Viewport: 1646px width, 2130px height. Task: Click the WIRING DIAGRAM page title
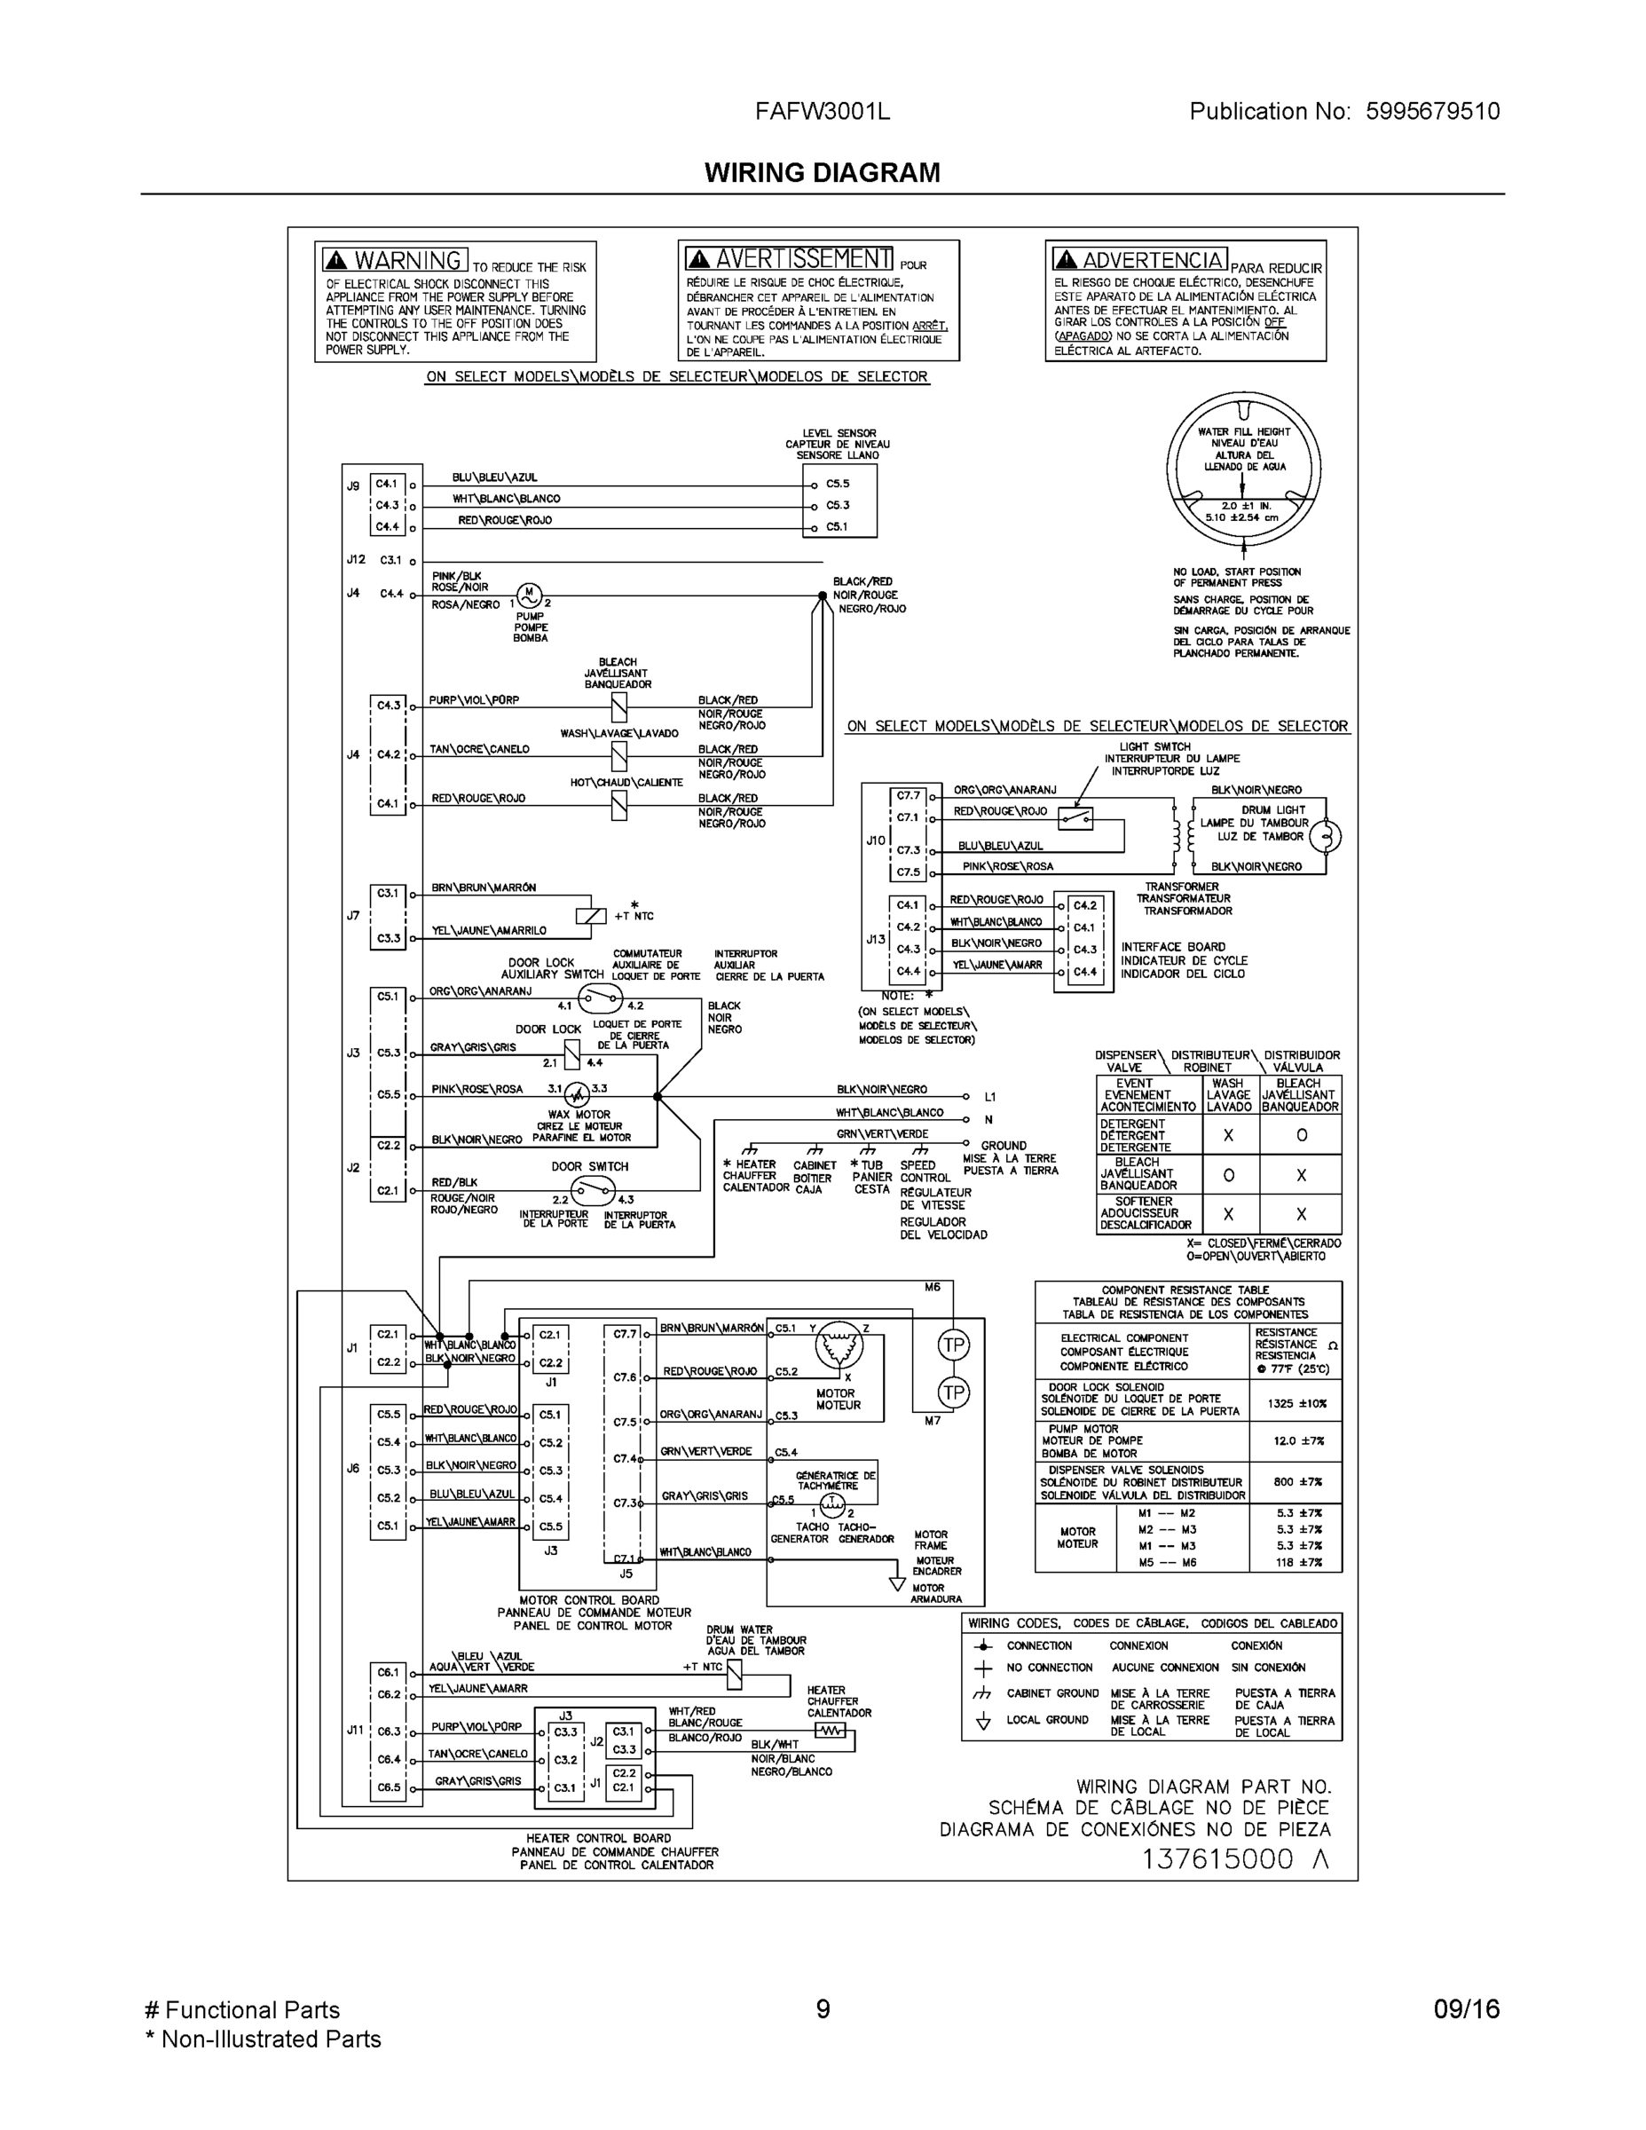pos(822,173)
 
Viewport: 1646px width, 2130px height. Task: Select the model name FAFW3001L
pos(822,111)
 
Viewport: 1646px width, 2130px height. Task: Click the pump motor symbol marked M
pos(529,593)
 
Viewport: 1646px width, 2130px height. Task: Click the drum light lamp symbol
pos(1324,836)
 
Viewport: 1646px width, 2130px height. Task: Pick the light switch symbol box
pos(1075,818)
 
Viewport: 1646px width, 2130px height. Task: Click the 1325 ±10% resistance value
pos(1296,1403)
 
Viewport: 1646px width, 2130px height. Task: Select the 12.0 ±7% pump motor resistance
pos(1296,1440)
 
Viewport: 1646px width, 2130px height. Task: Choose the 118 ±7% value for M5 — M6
pos(1299,1562)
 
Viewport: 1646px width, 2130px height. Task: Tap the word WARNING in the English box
pos(406,260)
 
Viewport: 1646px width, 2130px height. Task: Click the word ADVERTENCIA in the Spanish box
pos(1152,259)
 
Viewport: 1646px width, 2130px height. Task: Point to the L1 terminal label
pos(989,1097)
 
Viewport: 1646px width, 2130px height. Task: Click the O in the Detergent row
pos(1301,1135)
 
